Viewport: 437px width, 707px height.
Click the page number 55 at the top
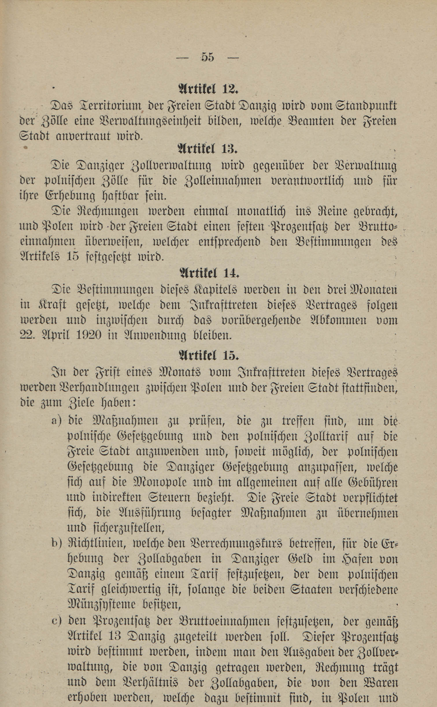pos(208,57)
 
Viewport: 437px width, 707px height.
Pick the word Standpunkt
pos(366,106)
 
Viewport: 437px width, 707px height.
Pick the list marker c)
pos(57,621)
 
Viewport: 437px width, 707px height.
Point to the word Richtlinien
pos(97,544)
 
